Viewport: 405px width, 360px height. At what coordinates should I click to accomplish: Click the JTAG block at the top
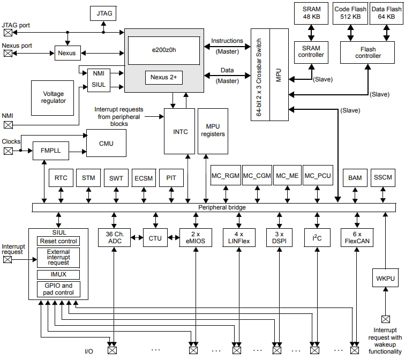[x=104, y=12]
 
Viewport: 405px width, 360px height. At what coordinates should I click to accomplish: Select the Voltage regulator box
[x=54, y=97]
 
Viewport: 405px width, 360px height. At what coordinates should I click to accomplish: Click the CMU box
[x=106, y=144]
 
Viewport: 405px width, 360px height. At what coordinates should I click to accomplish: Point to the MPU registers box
[x=213, y=130]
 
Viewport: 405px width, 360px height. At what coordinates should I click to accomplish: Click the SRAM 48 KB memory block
[x=311, y=13]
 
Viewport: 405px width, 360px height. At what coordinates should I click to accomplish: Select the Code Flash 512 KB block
[x=350, y=13]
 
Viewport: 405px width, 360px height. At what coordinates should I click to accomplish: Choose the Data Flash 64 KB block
[x=386, y=13]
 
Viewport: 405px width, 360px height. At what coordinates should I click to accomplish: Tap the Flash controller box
[x=368, y=52]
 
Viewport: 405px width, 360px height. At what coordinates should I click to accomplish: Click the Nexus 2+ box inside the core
[x=163, y=77]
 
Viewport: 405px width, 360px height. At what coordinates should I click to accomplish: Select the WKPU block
[x=385, y=279]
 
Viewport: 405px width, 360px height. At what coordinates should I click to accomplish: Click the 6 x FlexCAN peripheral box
[x=356, y=237]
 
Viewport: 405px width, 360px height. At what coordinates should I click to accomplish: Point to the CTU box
[x=155, y=237]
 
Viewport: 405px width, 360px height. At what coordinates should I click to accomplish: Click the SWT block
[x=116, y=178]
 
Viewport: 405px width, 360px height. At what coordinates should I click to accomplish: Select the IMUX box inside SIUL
[x=58, y=274]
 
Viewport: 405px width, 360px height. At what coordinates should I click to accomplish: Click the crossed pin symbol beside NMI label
[x=8, y=125]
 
